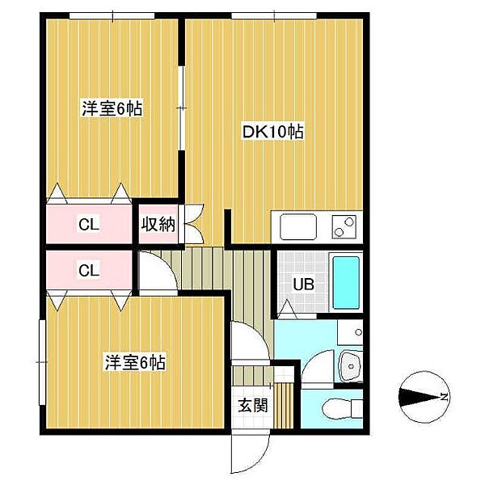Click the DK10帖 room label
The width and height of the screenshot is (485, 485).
(272, 132)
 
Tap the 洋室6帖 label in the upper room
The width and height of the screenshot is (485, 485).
(112, 108)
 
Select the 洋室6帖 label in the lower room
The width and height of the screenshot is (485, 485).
(135, 362)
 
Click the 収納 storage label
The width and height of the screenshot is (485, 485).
(158, 224)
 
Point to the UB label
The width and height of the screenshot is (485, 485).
(303, 285)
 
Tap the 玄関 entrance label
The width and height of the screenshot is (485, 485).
(253, 405)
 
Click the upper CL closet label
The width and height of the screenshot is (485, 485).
(89, 225)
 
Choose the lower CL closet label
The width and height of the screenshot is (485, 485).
(89, 271)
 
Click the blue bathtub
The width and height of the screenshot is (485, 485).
(346, 283)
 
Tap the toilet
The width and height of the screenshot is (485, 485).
(343, 408)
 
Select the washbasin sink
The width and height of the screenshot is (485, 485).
(351, 366)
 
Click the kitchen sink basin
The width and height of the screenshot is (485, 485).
(298, 227)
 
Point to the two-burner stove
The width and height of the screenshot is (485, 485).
(344, 226)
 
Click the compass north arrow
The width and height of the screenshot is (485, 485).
(419, 397)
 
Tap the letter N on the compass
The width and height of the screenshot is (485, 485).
(445, 397)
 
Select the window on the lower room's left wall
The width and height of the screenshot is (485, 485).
(42, 362)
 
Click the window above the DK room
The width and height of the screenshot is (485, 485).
(274, 16)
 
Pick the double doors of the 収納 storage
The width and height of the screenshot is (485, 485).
(192, 223)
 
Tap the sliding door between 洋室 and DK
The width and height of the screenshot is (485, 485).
(182, 108)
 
